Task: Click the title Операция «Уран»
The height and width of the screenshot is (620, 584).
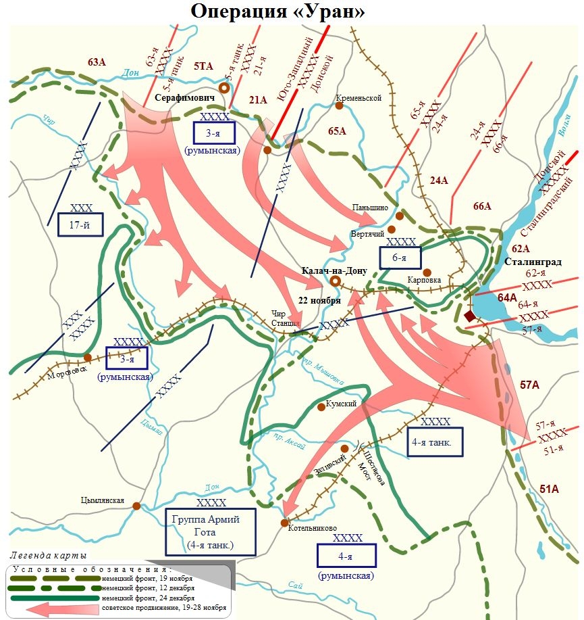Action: click(x=292, y=11)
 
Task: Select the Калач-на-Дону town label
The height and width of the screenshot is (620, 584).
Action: click(x=335, y=270)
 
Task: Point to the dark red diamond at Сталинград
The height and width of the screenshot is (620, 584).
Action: click(x=470, y=316)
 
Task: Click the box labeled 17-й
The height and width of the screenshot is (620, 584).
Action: click(x=80, y=224)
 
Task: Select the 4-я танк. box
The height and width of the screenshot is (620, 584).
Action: click(x=435, y=441)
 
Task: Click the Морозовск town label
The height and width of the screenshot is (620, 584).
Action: click(x=67, y=375)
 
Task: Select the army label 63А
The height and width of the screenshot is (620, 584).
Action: click(x=97, y=62)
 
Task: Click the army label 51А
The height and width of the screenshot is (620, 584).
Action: click(x=550, y=489)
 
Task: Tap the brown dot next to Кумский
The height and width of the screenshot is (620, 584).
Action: click(x=321, y=407)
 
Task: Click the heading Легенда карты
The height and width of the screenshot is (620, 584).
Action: click(x=49, y=556)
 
